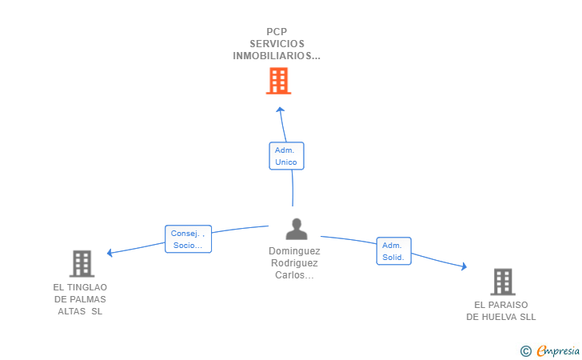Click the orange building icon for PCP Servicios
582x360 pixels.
coord(278,81)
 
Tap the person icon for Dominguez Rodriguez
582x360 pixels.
coord(297,230)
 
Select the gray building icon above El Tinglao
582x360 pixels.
coord(82,263)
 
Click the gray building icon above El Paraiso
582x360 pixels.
coord(502,282)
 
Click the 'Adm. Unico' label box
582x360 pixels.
coord(286,156)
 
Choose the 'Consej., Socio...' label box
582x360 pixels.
coord(188,239)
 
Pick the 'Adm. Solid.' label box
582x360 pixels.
coord(393,251)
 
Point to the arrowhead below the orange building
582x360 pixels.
coord(280,109)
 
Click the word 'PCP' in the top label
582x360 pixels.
coord(277,32)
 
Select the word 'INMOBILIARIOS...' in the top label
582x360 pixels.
coord(277,56)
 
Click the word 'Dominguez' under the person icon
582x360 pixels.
coord(294,250)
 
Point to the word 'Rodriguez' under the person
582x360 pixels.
coord(294,262)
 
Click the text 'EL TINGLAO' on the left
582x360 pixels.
coord(80,287)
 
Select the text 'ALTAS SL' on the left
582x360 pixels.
coord(80,311)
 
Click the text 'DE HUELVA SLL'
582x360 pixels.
coord(501,317)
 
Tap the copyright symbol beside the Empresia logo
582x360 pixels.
coord(525,350)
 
